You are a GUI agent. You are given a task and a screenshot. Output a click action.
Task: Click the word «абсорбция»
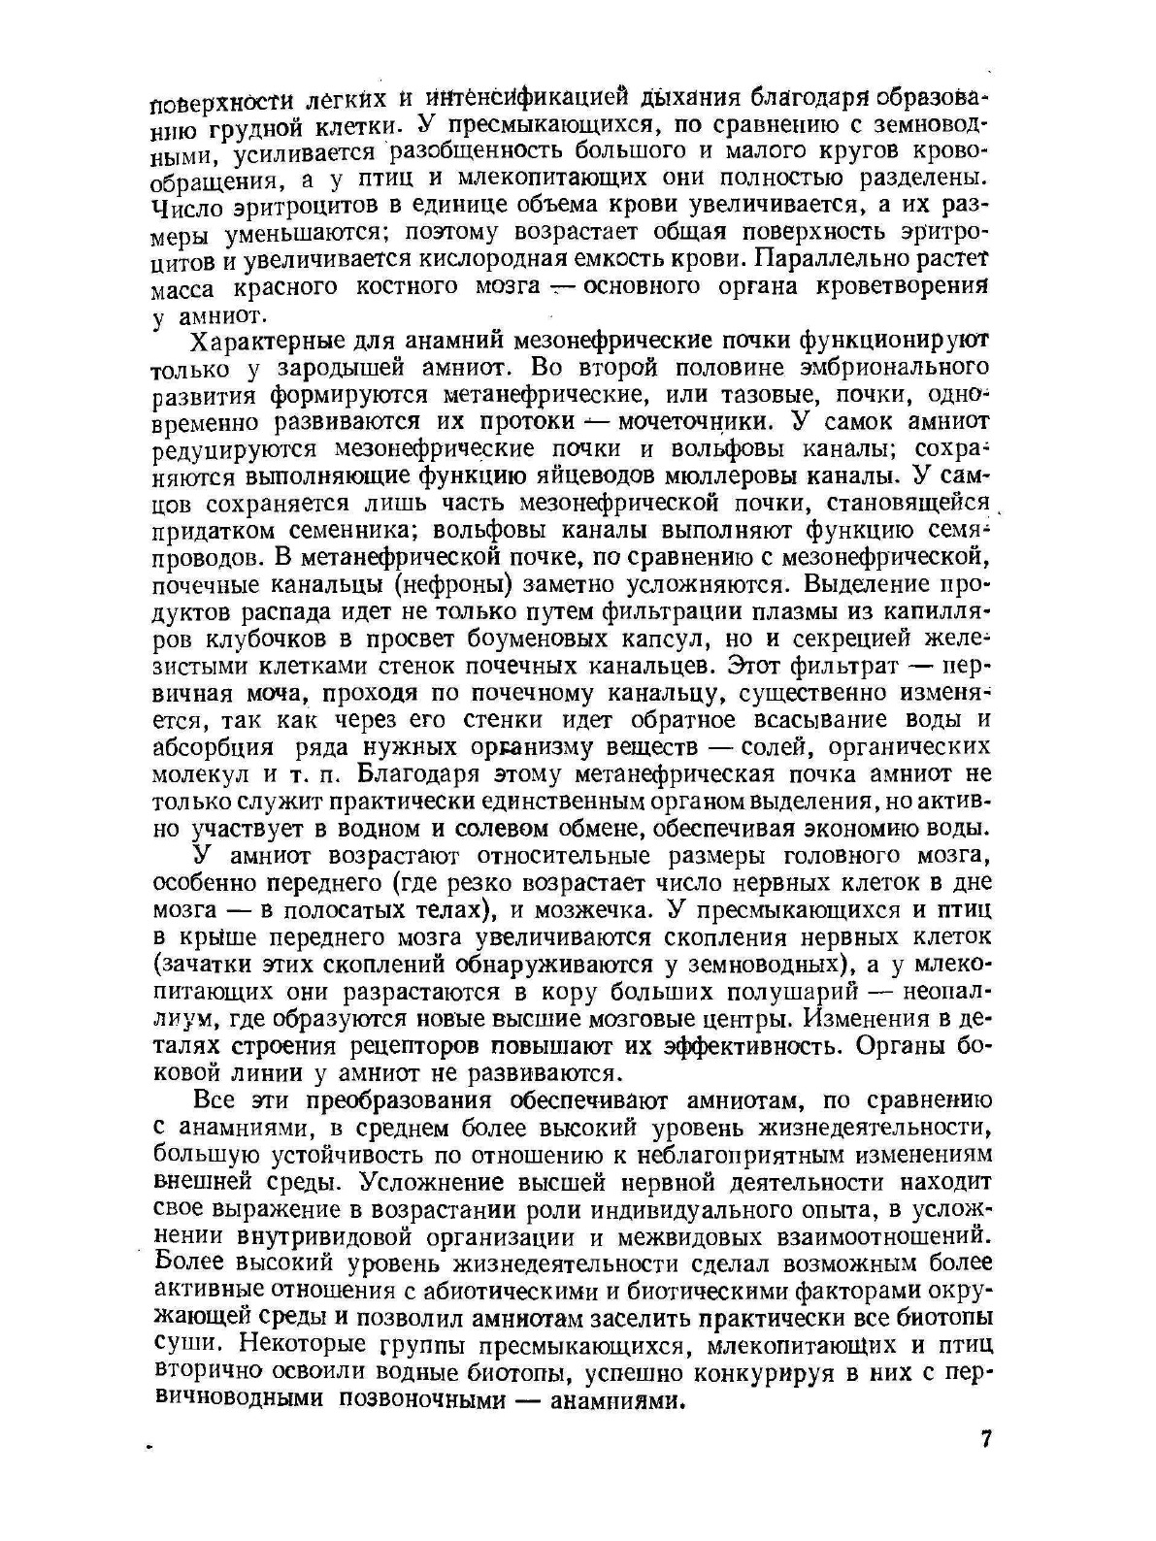(213, 747)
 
